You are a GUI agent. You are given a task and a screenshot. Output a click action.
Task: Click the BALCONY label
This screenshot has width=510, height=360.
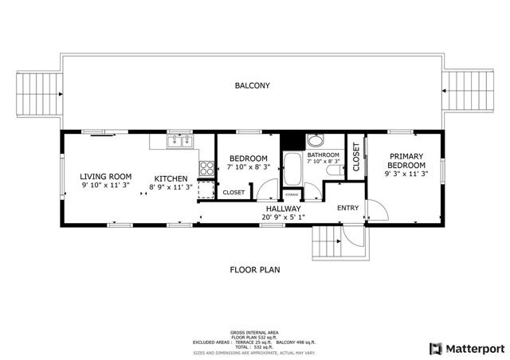(252, 86)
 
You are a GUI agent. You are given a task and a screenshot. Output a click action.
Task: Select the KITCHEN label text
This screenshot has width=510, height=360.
(171, 178)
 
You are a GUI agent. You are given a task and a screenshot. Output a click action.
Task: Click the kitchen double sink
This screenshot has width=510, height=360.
(179, 142)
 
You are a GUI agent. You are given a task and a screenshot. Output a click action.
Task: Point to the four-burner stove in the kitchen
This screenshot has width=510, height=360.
(206, 168)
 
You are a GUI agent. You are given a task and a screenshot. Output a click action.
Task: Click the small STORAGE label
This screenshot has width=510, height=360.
(292, 193)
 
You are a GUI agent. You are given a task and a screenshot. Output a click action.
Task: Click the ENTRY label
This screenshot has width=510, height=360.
(348, 209)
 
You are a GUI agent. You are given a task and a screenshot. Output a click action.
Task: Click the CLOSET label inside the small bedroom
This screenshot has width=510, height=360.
(233, 192)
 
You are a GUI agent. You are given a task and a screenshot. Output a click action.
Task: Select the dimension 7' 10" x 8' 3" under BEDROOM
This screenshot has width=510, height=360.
(248, 167)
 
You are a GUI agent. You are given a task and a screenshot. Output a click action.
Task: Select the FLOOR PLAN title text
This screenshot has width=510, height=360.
(255, 269)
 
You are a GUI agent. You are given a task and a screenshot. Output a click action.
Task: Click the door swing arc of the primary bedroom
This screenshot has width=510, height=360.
(378, 209)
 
